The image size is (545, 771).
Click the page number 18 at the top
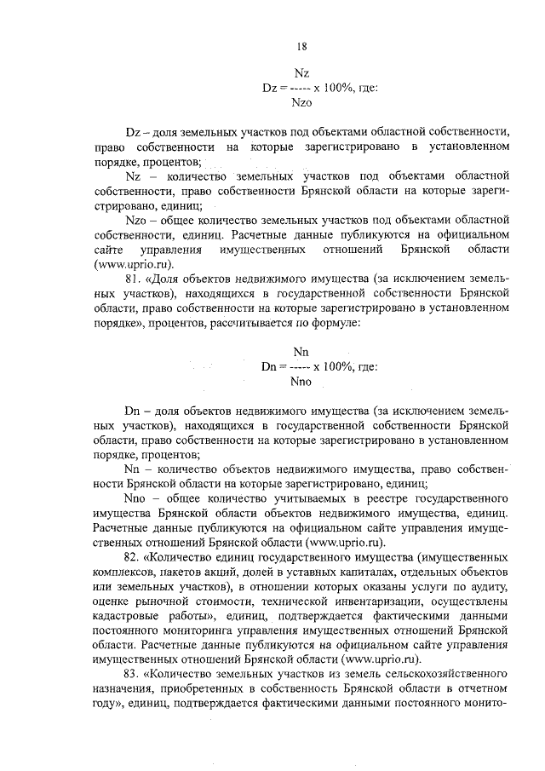[x=301, y=46]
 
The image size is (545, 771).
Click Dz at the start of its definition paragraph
[x=132, y=132]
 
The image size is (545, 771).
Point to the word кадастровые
[x=128, y=614]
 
